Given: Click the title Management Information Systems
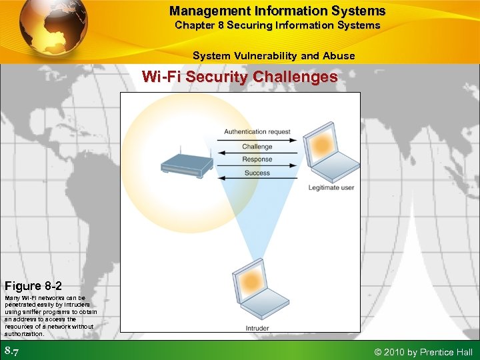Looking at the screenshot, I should click(x=277, y=11).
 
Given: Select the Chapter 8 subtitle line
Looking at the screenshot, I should click(x=277, y=25).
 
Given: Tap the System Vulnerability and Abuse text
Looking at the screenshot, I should click(x=273, y=56).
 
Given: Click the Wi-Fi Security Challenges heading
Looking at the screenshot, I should click(x=239, y=77).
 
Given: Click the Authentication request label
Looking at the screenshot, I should click(x=257, y=131).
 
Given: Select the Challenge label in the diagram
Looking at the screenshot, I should click(x=257, y=146).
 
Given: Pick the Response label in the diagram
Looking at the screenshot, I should click(x=257, y=159).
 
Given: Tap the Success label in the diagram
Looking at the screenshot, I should click(x=257, y=173).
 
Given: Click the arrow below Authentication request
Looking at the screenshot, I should click(x=257, y=139).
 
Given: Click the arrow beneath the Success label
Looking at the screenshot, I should click(x=257, y=179).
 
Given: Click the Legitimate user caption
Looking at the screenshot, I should click(x=331, y=188).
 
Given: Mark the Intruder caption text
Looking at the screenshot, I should click(x=257, y=328).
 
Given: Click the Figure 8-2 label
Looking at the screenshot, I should click(x=33, y=286).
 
